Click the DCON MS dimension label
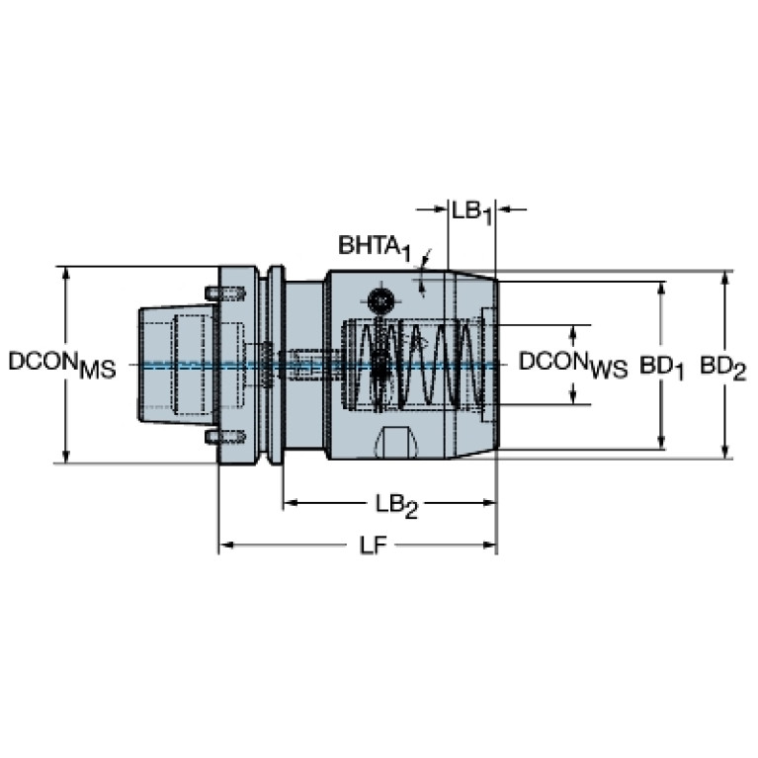(x=62, y=365)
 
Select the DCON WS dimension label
(x=573, y=365)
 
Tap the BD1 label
(x=661, y=368)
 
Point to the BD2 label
(x=723, y=368)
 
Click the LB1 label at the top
(x=471, y=212)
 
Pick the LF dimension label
(x=374, y=546)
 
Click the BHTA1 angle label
(x=375, y=247)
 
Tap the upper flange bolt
(x=225, y=293)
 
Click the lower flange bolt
(x=225, y=437)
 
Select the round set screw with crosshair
(x=380, y=301)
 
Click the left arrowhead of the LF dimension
(x=227, y=546)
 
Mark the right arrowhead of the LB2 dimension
(x=488, y=503)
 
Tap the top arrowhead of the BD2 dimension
(x=724, y=279)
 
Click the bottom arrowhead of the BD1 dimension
(x=662, y=442)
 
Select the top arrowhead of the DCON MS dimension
(x=66, y=275)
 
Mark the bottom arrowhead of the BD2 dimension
(x=724, y=451)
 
